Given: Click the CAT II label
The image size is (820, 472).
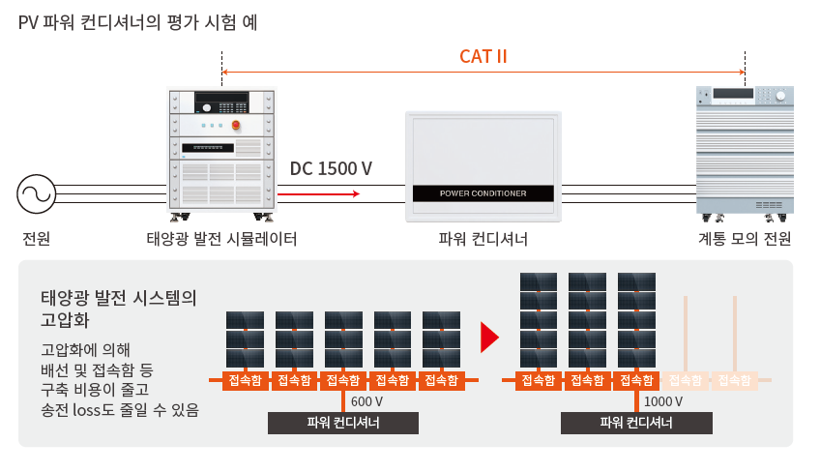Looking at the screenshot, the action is (x=483, y=56).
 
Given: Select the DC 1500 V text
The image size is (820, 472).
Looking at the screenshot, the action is (x=331, y=168).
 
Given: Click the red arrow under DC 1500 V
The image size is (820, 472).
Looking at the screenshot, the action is (x=318, y=194).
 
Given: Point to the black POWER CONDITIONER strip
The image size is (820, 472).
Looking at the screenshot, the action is (x=483, y=193).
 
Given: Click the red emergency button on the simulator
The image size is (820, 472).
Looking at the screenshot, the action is (x=236, y=125).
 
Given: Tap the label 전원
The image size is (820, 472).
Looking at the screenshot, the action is (x=36, y=239).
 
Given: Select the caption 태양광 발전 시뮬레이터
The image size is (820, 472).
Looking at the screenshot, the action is (x=221, y=239).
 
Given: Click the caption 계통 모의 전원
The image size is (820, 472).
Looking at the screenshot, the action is (x=745, y=239).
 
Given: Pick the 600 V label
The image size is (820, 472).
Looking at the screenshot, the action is (x=366, y=401).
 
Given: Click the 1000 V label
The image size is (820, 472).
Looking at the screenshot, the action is (x=663, y=401).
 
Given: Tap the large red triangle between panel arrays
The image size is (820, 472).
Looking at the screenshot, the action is (x=489, y=338).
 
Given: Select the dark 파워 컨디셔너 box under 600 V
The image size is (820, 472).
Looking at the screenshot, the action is (x=343, y=423).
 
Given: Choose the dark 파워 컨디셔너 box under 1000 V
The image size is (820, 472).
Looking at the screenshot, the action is (x=636, y=423).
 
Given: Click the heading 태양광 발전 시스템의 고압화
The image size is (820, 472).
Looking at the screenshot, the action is (x=119, y=309).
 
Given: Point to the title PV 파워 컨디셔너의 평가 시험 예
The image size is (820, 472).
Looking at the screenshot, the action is (x=138, y=22).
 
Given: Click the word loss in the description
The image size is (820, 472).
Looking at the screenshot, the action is (x=86, y=410).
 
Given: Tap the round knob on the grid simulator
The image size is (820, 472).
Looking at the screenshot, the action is (x=780, y=96).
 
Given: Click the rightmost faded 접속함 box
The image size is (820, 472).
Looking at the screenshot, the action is (x=734, y=380).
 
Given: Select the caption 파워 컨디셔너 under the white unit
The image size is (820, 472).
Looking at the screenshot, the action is (x=483, y=239).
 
